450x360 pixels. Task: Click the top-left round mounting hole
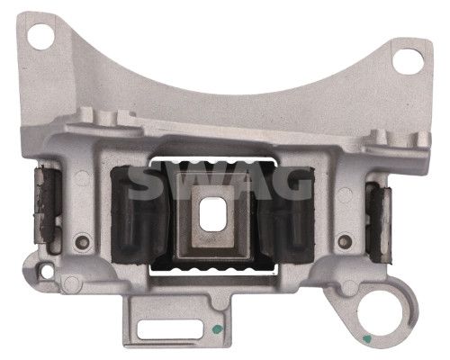[40, 37]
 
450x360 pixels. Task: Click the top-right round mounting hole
[408, 61]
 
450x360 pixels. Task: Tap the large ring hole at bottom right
[380, 317]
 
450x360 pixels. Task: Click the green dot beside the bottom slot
[217, 328]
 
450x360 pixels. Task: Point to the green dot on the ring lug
[365, 339]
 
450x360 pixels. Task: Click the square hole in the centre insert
[211, 214]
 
